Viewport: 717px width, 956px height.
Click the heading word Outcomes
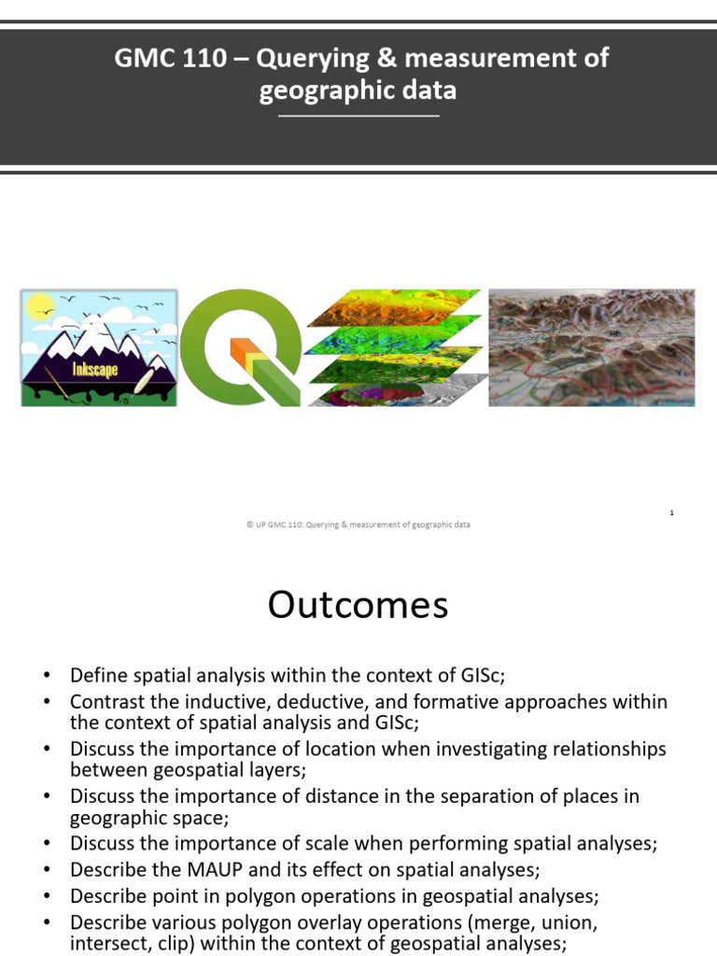(x=358, y=606)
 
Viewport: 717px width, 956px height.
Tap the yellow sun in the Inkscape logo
(x=39, y=305)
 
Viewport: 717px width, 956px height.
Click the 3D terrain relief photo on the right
(x=592, y=347)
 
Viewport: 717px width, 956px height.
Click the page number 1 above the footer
(x=671, y=513)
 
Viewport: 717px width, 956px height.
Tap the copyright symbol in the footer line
(x=249, y=525)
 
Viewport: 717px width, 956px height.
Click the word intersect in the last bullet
(x=105, y=943)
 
